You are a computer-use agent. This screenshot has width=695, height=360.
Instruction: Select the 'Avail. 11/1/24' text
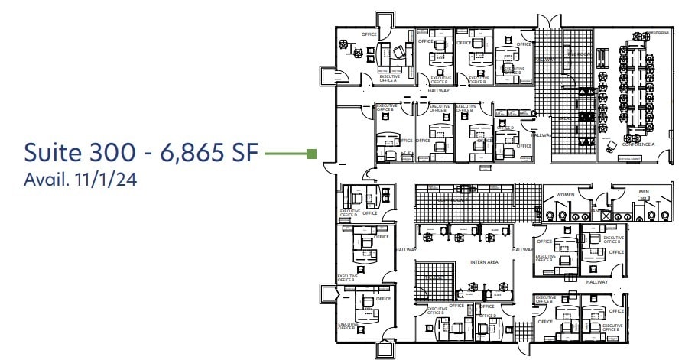tap(80, 183)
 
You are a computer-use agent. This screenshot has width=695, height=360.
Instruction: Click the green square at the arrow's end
tap(311, 154)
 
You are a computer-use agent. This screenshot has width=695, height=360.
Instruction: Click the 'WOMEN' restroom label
tap(565, 195)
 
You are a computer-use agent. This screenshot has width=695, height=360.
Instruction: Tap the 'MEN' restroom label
tap(644, 191)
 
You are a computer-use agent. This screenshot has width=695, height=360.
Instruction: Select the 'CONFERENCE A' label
tap(638, 144)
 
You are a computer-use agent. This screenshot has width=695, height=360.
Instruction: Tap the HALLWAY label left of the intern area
tap(405, 250)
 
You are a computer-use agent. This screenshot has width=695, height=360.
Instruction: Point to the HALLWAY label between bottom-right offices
tap(596, 282)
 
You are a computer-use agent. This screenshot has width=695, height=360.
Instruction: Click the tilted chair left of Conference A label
tap(612, 144)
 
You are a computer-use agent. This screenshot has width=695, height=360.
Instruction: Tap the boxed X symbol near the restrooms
tap(606, 216)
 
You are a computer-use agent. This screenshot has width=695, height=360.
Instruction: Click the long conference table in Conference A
tap(636, 84)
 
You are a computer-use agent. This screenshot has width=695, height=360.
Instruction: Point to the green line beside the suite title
tap(284, 154)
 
